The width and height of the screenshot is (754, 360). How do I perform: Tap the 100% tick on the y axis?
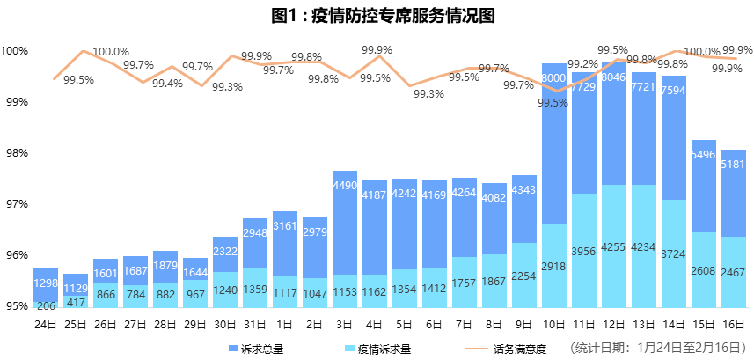pyautogui.click(x=15, y=51)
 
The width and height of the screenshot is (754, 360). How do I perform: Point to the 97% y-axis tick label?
pyautogui.click(x=15, y=204)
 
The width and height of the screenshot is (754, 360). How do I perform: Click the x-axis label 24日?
pyautogui.click(x=46, y=323)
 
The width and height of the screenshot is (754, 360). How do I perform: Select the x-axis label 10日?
pyautogui.click(x=553, y=323)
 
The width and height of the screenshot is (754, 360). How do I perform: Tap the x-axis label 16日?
pyautogui.click(x=733, y=323)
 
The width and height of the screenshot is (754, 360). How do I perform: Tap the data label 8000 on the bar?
pyautogui.click(x=553, y=79)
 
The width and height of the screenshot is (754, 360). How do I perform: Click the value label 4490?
pyautogui.click(x=345, y=186)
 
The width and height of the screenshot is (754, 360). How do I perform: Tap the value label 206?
pyautogui.click(x=46, y=305)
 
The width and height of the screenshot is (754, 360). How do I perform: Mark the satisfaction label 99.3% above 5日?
pyautogui.click(x=428, y=94)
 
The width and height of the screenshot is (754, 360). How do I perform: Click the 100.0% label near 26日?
pyautogui.click(x=111, y=52)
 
